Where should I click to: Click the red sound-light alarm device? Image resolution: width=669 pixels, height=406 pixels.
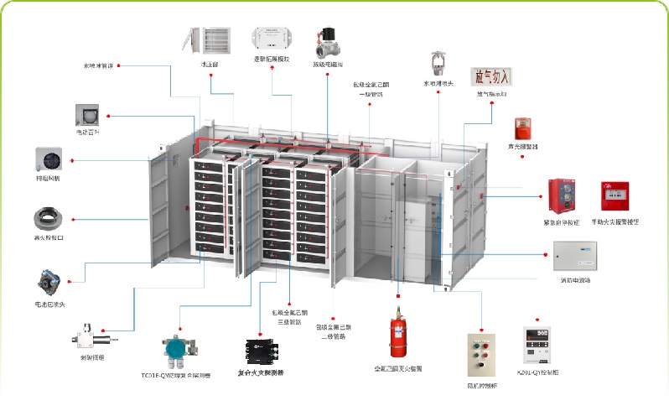[x=522, y=128]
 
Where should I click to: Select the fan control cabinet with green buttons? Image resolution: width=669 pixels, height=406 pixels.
[x=482, y=357]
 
